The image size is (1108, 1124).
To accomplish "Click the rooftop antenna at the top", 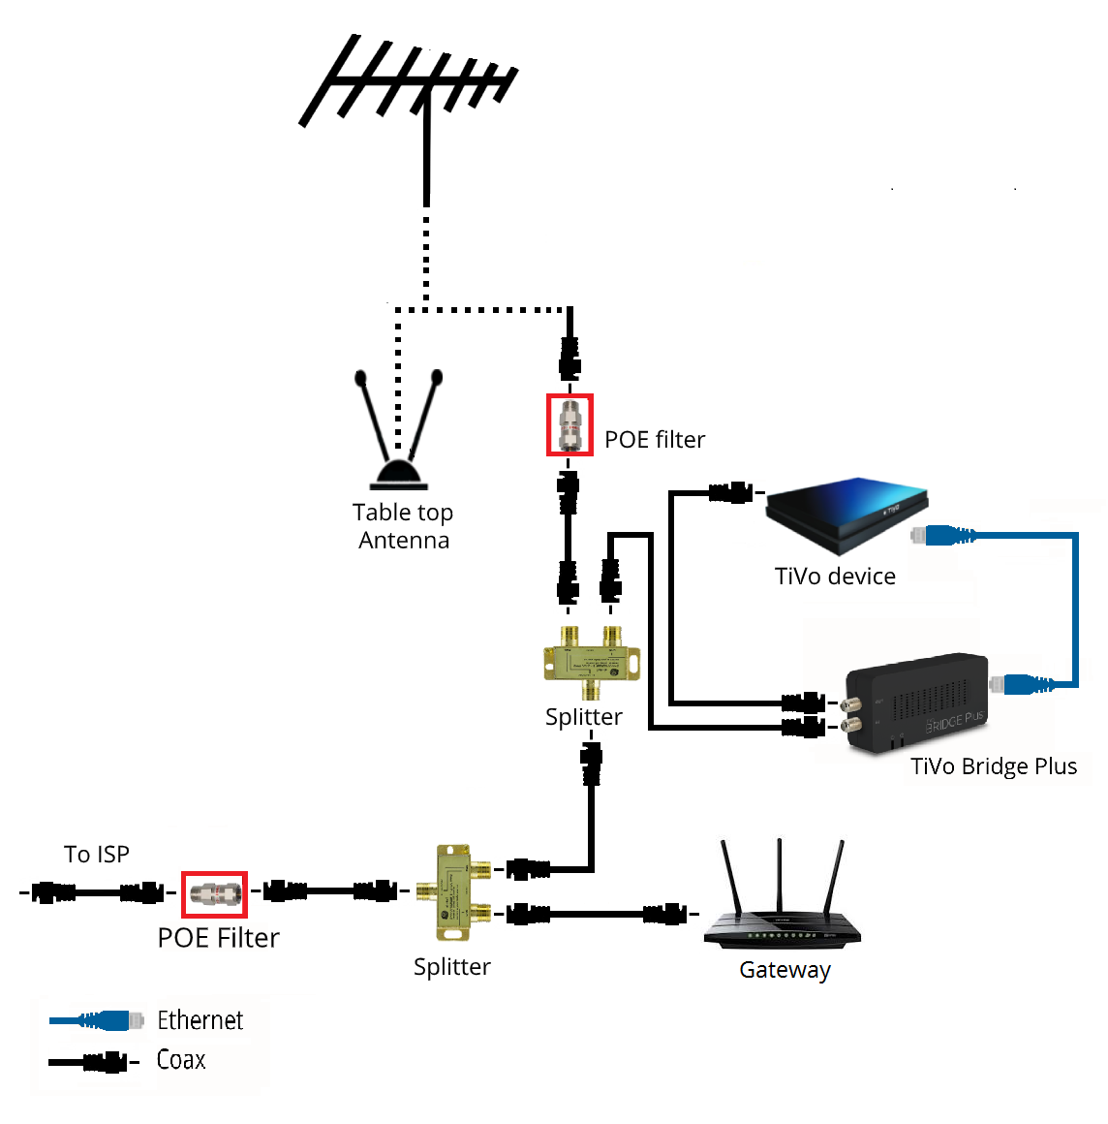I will point(412,82).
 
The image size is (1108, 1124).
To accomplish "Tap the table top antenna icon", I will point(398,436).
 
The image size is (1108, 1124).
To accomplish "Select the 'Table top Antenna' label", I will point(403,526).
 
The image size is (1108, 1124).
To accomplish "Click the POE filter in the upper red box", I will point(569,424).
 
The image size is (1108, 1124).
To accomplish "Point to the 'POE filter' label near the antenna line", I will point(655,440).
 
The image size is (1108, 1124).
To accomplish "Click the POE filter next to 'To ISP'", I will point(215,893).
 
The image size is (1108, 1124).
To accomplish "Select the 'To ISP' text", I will point(97,855).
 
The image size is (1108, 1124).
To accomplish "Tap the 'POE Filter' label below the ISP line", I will point(219,938).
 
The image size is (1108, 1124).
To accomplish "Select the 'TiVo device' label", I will point(835,577).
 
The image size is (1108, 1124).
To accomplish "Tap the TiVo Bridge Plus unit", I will point(916,703).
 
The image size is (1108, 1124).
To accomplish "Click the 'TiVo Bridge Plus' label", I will point(994,766).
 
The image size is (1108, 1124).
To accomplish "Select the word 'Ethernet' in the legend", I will point(200,1020).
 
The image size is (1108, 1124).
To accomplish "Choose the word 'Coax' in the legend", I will point(181,1060).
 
